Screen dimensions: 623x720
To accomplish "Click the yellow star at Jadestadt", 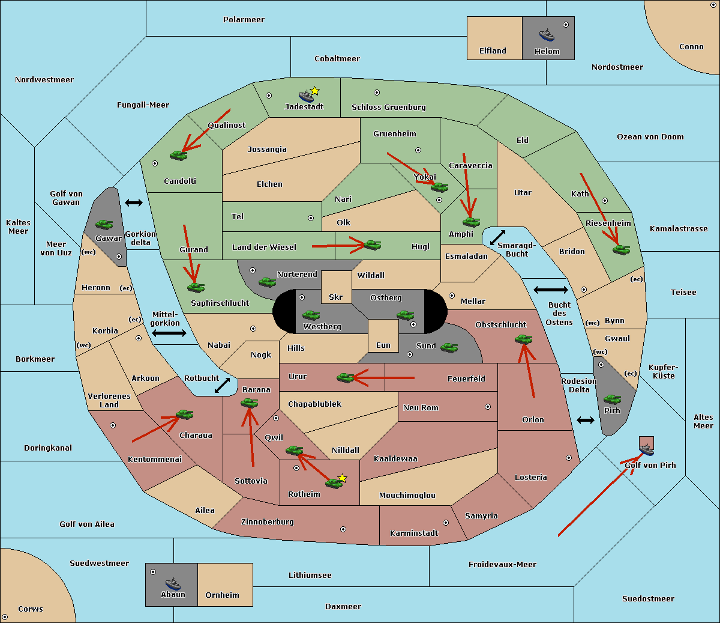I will pos(315,91).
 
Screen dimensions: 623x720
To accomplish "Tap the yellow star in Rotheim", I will pos(343,478).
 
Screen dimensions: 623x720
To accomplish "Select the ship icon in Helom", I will pos(547,34).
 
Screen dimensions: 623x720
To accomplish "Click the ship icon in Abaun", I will pos(173,583).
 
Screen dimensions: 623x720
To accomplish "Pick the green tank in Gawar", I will pos(104,224).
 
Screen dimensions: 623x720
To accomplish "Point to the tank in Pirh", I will pos(613,400).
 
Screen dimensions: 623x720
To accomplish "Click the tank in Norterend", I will pos(267,282).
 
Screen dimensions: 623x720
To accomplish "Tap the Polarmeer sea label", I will pos(244,20).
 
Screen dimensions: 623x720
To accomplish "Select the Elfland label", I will pos(493,51).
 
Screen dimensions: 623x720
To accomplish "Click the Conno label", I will pos(691,47).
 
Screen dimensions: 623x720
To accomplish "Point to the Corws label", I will pos(31,609).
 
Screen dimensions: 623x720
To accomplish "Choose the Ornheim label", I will pos(222,595).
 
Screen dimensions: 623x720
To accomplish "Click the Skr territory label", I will pos(336,297).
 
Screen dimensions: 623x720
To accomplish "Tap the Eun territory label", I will pos(383,345).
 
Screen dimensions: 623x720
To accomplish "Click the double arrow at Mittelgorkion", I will pos(169,333).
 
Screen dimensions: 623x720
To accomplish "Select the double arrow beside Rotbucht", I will pos(223,385).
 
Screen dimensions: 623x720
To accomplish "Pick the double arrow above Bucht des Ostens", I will pos(550,290).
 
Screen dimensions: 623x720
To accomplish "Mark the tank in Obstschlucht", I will pos(523,339).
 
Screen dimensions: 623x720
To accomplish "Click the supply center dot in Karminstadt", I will pos(446,523).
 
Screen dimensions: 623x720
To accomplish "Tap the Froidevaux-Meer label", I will pos(502,565).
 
